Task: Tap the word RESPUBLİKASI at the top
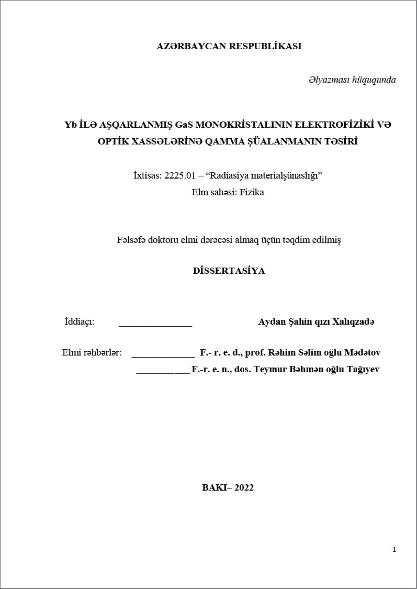point(266,46)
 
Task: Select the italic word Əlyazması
point(329,80)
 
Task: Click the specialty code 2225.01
point(180,176)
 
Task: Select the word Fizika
point(252,192)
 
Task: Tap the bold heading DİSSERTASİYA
point(229,271)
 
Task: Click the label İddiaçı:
point(79,322)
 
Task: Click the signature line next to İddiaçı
point(155,324)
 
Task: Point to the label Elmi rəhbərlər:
point(92,353)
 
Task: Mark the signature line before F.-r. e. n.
point(163,372)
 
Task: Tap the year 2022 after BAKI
point(244,488)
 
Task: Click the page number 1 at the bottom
point(394,550)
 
